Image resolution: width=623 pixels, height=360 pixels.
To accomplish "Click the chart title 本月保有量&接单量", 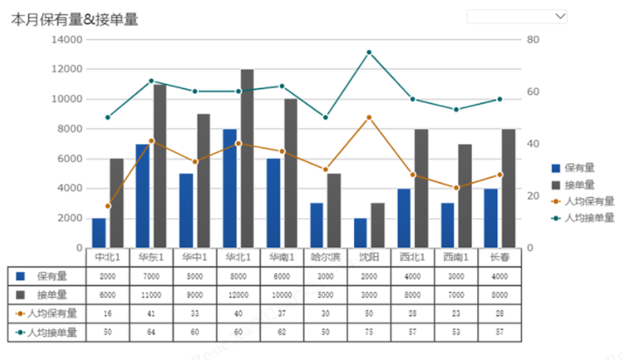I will tap(75, 19).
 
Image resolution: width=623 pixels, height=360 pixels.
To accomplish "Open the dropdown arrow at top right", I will tap(558, 16).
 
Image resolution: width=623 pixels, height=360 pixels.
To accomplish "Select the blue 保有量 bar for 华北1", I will tap(230, 188).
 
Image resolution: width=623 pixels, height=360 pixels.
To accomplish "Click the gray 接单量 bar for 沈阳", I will tap(378, 225).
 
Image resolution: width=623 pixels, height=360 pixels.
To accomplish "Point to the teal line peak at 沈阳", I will tap(368, 53).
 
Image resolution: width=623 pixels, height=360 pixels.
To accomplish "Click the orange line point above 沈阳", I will tap(368, 117).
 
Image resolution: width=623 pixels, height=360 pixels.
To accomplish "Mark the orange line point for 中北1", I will tap(108, 206).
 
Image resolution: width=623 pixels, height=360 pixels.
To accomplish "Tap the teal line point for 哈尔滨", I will tap(325, 117).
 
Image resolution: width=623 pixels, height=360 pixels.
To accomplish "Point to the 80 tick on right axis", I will tap(533, 40).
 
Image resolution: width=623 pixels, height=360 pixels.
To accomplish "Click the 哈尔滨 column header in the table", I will tap(325, 256).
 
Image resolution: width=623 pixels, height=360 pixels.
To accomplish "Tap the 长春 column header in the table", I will tap(499, 256).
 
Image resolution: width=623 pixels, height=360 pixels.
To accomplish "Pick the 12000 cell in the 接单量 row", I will tap(238, 295).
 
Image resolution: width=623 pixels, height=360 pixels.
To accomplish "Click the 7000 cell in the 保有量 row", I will tap(151, 276).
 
